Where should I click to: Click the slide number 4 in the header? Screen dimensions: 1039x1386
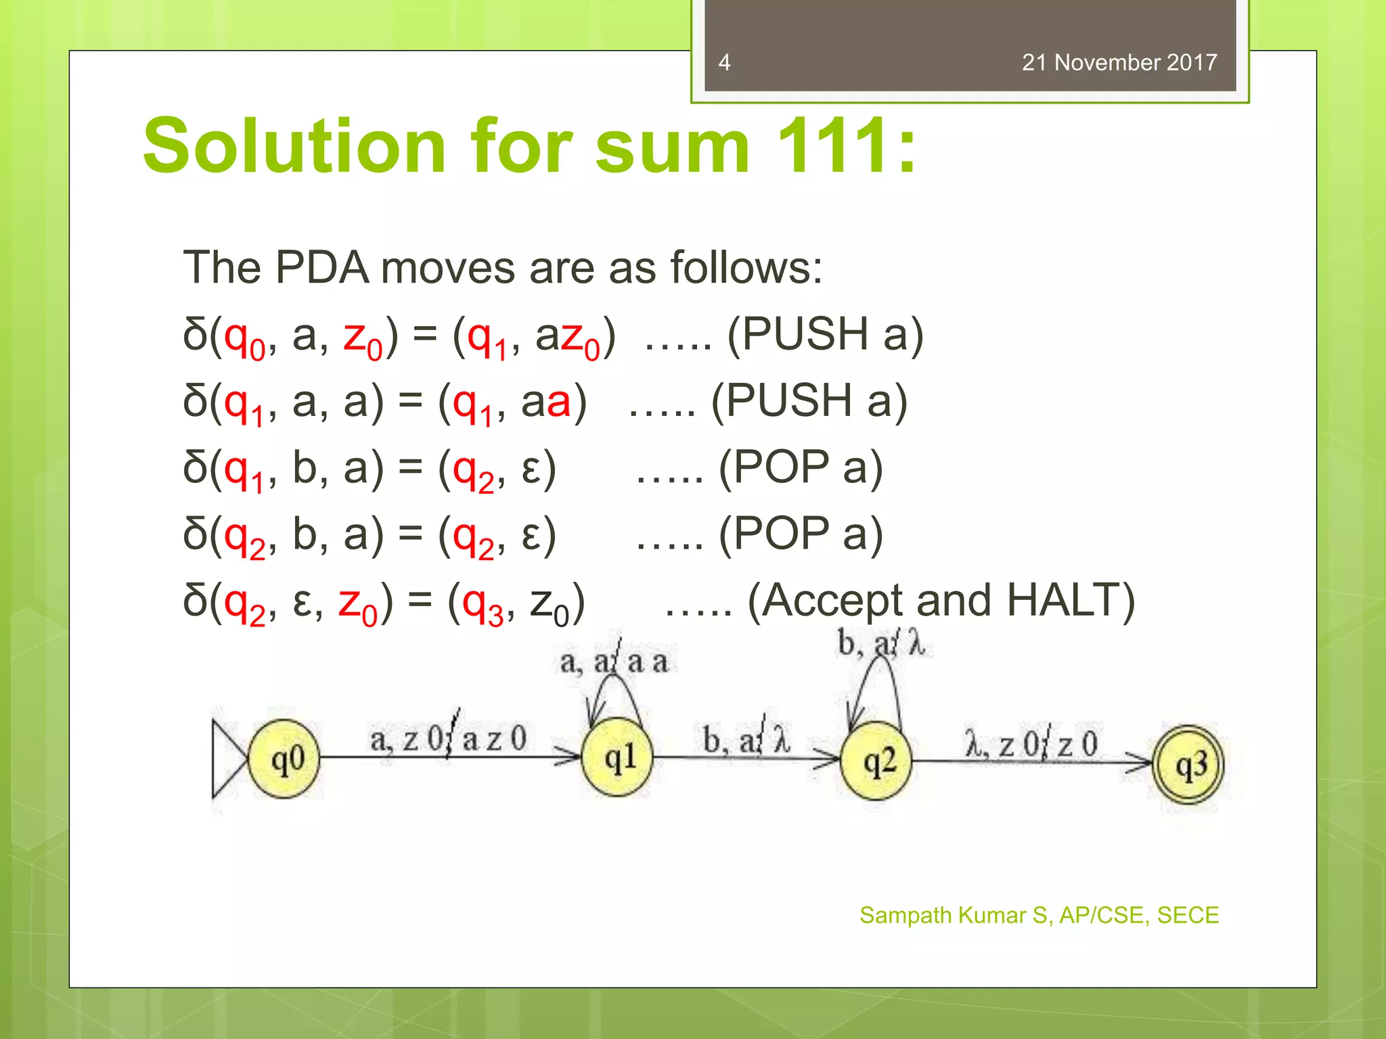tap(724, 63)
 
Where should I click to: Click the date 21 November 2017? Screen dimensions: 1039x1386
tap(1119, 63)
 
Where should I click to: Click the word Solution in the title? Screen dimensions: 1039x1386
tap(294, 146)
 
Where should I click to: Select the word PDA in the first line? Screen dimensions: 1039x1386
tap(321, 268)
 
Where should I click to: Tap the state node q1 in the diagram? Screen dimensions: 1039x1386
tap(617, 758)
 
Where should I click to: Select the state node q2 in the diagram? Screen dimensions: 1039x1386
tap(876, 762)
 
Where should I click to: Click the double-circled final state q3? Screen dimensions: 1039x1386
tap(1189, 765)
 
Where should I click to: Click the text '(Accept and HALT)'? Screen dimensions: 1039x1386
tap(941, 601)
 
